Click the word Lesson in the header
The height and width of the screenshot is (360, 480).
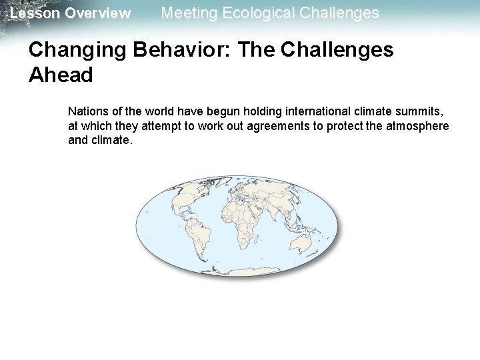click(x=31, y=13)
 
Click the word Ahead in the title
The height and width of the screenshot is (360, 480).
click(x=61, y=75)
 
